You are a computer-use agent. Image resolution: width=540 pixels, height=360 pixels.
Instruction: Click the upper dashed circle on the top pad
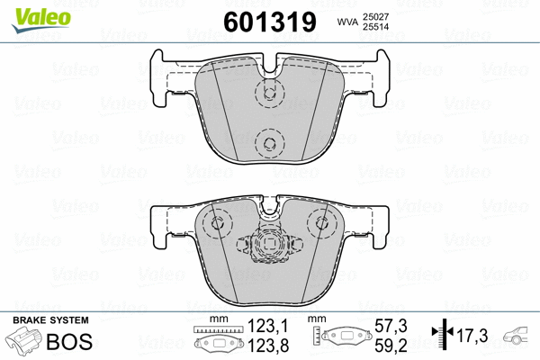click(x=267, y=93)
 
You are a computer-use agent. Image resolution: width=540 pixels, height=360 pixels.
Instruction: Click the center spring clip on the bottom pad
click(x=267, y=242)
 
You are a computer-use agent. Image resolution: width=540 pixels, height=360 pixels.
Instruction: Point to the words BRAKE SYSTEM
click(x=50, y=321)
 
